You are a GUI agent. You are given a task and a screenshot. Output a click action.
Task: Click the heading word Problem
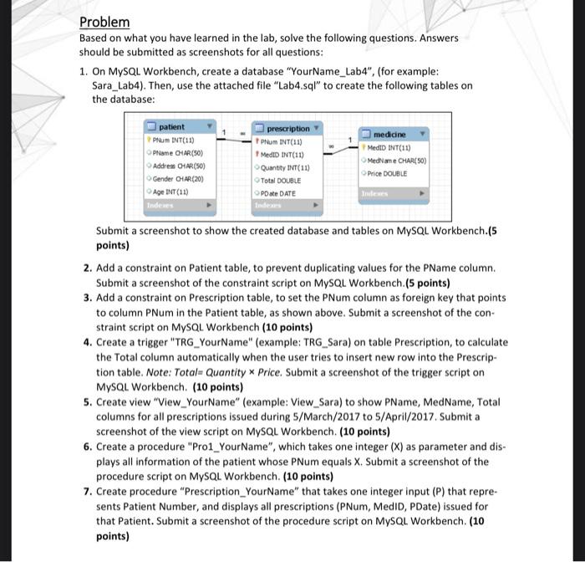(104, 22)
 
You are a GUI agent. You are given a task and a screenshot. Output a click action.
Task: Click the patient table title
(171, 126)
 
